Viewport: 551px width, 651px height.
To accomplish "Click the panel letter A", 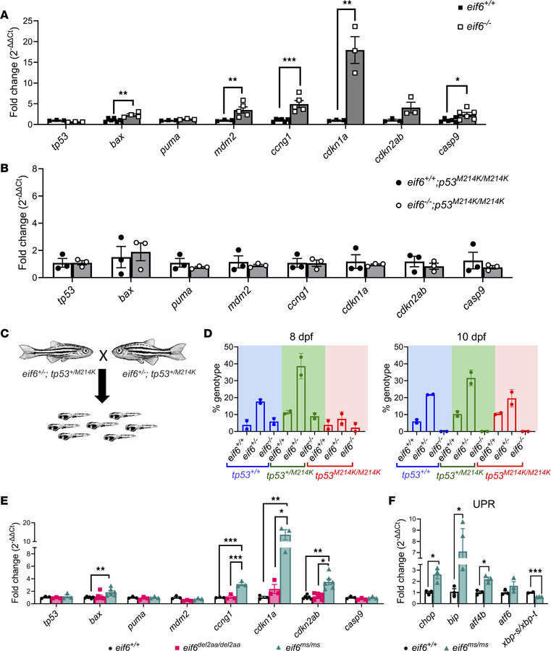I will [7, 7].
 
